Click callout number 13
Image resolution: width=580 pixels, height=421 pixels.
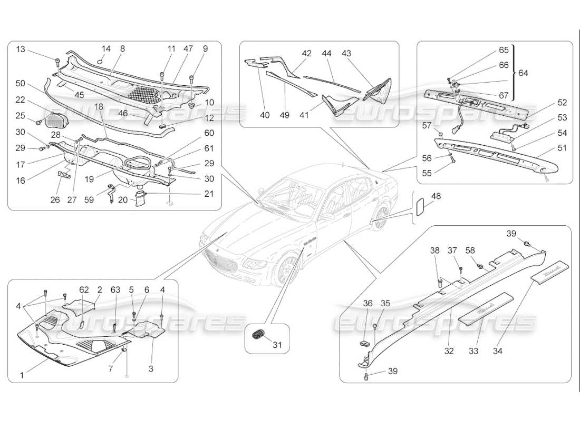[20, 49]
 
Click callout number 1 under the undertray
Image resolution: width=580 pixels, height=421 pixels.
[22, 376]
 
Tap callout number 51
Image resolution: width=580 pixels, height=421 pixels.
[562, 148]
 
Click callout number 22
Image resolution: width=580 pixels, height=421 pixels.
[20, 100]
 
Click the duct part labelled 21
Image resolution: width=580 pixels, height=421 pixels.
[142, 200]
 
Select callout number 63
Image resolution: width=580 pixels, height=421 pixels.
[115, 289]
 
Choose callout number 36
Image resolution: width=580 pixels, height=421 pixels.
[368, 303]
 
